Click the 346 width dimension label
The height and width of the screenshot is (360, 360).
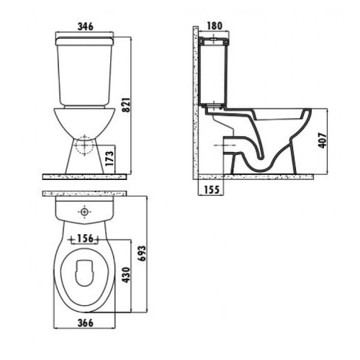coord(85,27)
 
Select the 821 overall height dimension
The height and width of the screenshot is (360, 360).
coord(126,105)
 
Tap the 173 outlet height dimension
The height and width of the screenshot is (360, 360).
coord(109,158)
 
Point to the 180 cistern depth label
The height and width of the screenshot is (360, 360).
coord(215,26)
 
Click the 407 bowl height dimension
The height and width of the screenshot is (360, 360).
coord(323,140)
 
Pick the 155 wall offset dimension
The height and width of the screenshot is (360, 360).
coord(212,190)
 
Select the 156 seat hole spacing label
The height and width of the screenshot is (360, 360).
coord(85,238)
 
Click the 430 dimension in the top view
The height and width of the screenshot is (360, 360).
coord(126,275)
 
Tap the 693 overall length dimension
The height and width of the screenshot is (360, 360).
coord(142,253)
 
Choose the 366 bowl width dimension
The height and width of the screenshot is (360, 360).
coord(85,323)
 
